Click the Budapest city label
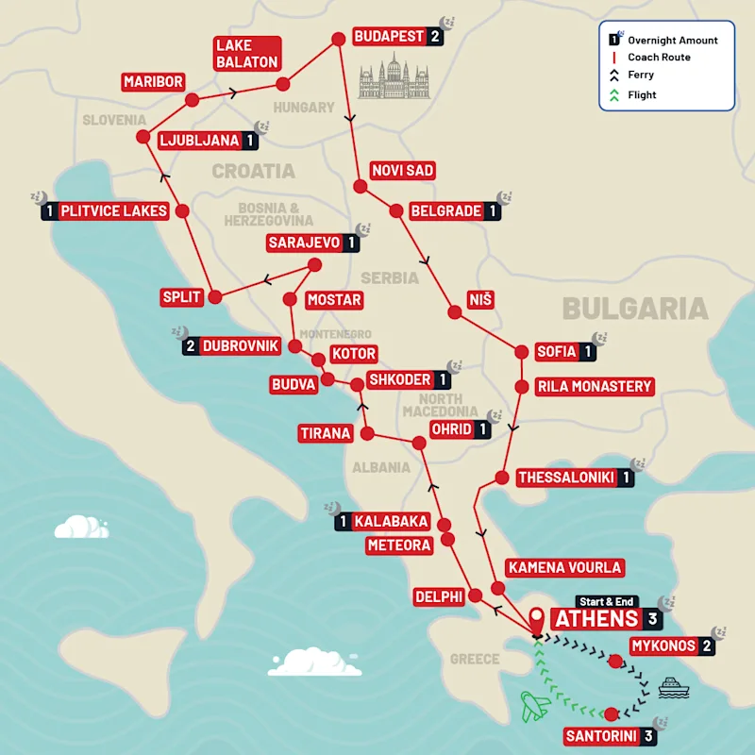point(388,37)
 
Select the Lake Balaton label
point(246,54)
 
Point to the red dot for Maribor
point(192,99)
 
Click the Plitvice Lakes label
point(113,210)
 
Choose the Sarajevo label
point(303,243)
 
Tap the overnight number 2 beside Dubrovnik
point(191,345)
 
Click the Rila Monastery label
point(595,386)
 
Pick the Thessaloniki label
point(565,478)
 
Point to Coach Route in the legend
point(659,58)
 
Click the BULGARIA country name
point(634,309)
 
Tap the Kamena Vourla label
point(564,567)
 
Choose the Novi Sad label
point(402,170)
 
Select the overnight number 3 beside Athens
point(652,619)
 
